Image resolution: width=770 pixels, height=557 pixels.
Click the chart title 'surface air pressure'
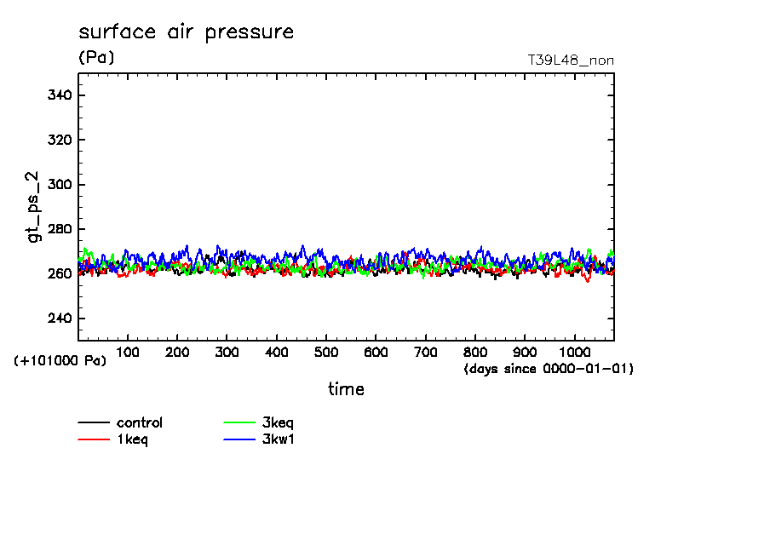click(x=186, y=32)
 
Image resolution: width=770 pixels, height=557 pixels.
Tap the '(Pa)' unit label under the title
click(x=96, y=58)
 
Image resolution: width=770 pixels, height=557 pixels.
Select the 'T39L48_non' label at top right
click(x=571, y=60)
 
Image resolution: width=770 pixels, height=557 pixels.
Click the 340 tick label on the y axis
click(x=60, y=95)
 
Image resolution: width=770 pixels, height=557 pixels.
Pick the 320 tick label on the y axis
click(x=60, y=140)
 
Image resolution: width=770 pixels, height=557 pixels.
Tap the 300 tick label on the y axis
click(x=60, y=185)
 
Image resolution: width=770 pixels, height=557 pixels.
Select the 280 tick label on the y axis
click(x=60, y=229)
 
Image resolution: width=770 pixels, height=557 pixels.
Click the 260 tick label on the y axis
click(x=60, y=274)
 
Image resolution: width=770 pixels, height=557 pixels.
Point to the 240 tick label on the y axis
click(x=60, y=319)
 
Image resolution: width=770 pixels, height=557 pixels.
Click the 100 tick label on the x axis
click(x=128, y=352)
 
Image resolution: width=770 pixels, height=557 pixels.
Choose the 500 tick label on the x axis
click(x=326, y=352)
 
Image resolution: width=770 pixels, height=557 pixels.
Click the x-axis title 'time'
click(x=346, y=389)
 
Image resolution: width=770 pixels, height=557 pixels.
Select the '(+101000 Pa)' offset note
click(x=60, y=361)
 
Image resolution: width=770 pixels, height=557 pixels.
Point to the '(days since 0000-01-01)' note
click(x=549, y=369)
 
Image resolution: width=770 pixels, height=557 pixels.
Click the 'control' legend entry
click(x=140, y=422)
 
